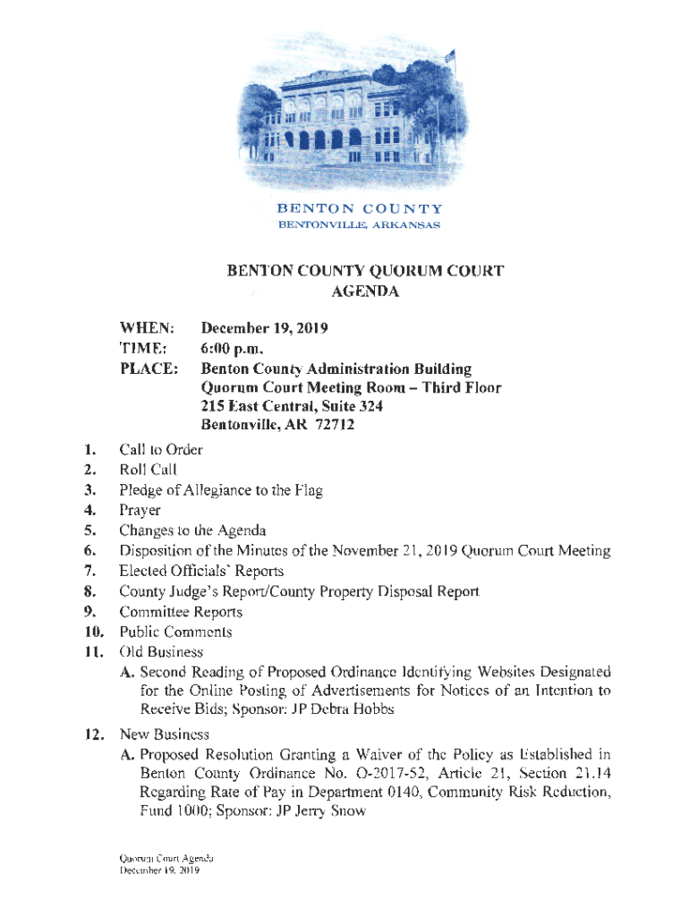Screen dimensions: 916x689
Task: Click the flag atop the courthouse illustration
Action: point(449,57)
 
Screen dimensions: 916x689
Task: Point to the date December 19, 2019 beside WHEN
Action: point(264,329)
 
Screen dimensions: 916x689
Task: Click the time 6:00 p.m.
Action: point(235,349)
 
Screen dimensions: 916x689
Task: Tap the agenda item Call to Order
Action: point(160,449)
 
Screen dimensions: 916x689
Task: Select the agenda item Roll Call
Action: point(148,469)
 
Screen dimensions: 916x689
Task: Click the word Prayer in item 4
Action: point(140,511)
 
